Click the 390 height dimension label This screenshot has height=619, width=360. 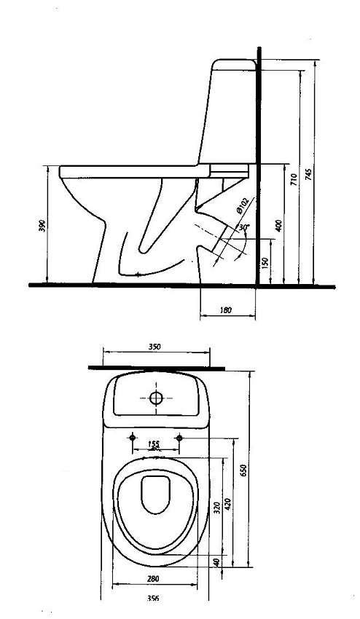(43, 225)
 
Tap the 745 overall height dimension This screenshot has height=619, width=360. (309, 174)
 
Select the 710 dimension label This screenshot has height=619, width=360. (294, 180)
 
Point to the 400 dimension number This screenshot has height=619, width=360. (279, 226)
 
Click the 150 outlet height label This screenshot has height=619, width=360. (265, 261)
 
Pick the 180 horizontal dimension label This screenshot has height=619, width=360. (225, 310)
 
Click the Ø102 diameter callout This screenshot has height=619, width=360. (242, 205)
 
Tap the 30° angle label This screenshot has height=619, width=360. (244, 227)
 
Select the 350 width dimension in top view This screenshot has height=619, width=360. (154, 347)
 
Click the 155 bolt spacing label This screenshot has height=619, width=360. (154, 444)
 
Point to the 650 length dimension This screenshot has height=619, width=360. (244, 470)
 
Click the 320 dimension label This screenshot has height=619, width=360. (217, 508)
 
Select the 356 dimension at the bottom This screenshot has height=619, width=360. (153, 599)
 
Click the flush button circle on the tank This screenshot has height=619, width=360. (156, 398)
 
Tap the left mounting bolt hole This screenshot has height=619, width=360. (133, 438)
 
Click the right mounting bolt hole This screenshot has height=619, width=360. (179, 438)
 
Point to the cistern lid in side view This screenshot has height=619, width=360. (234, 64)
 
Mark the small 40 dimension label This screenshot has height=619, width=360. (216, 562)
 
